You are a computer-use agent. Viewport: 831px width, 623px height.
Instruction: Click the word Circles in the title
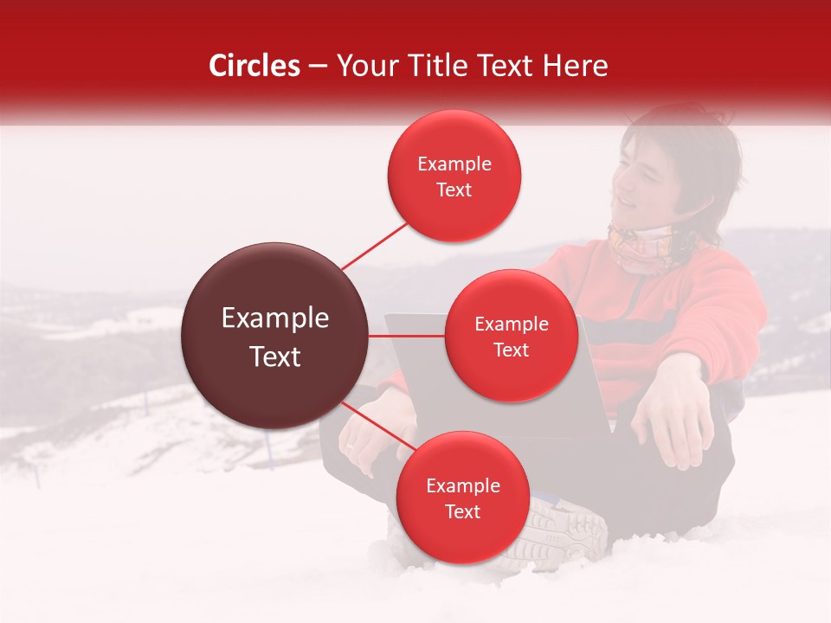(x=254, y=66)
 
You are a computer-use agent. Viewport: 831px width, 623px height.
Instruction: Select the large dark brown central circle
(x=274, y=336)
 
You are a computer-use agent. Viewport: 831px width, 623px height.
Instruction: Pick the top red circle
(x=454, y=176)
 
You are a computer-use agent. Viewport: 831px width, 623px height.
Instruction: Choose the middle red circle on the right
(x=512, y=336)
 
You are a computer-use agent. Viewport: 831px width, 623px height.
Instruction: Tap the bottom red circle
(x=462, y=498)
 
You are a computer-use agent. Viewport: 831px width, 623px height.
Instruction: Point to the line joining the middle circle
(x=407, y=336)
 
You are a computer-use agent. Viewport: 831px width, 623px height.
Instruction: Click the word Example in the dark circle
(x=274, y=318)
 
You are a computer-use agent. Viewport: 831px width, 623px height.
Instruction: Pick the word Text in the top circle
(x=454, y=189)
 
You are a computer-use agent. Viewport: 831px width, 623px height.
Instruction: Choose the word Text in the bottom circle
(x=462, y=511)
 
